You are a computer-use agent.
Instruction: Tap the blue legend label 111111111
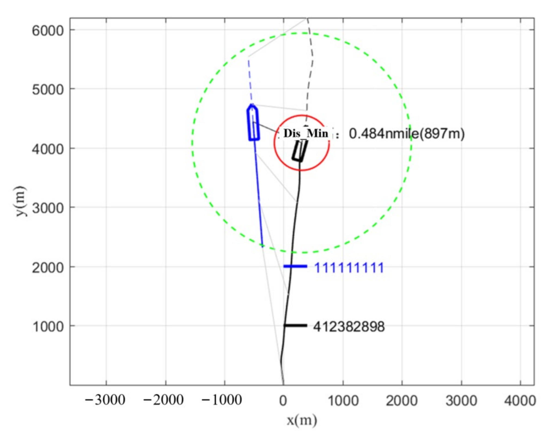[349, 268]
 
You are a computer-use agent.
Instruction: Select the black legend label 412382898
[349, 326]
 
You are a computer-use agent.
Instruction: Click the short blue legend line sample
[295, 266]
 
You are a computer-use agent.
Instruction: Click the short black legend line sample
[295, 325]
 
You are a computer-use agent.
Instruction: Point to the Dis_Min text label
[306, 133]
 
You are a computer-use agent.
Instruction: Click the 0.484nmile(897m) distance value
[407, 134]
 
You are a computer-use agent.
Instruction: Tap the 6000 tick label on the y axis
[48, 31]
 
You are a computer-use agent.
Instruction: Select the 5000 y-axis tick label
[48, 90]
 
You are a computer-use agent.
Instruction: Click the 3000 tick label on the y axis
[48, 208]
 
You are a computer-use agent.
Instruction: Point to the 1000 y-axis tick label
[48, 326]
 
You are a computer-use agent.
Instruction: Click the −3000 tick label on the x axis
[105, 400]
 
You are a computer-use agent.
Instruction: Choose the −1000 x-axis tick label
[221, 400]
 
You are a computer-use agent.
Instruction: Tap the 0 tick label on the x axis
[283, 401]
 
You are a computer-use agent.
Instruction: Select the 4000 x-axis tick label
[520, 401]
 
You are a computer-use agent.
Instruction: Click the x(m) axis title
[302, 420]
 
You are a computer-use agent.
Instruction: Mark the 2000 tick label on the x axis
[402, 401]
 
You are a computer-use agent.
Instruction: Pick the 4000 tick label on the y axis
[48, 149]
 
